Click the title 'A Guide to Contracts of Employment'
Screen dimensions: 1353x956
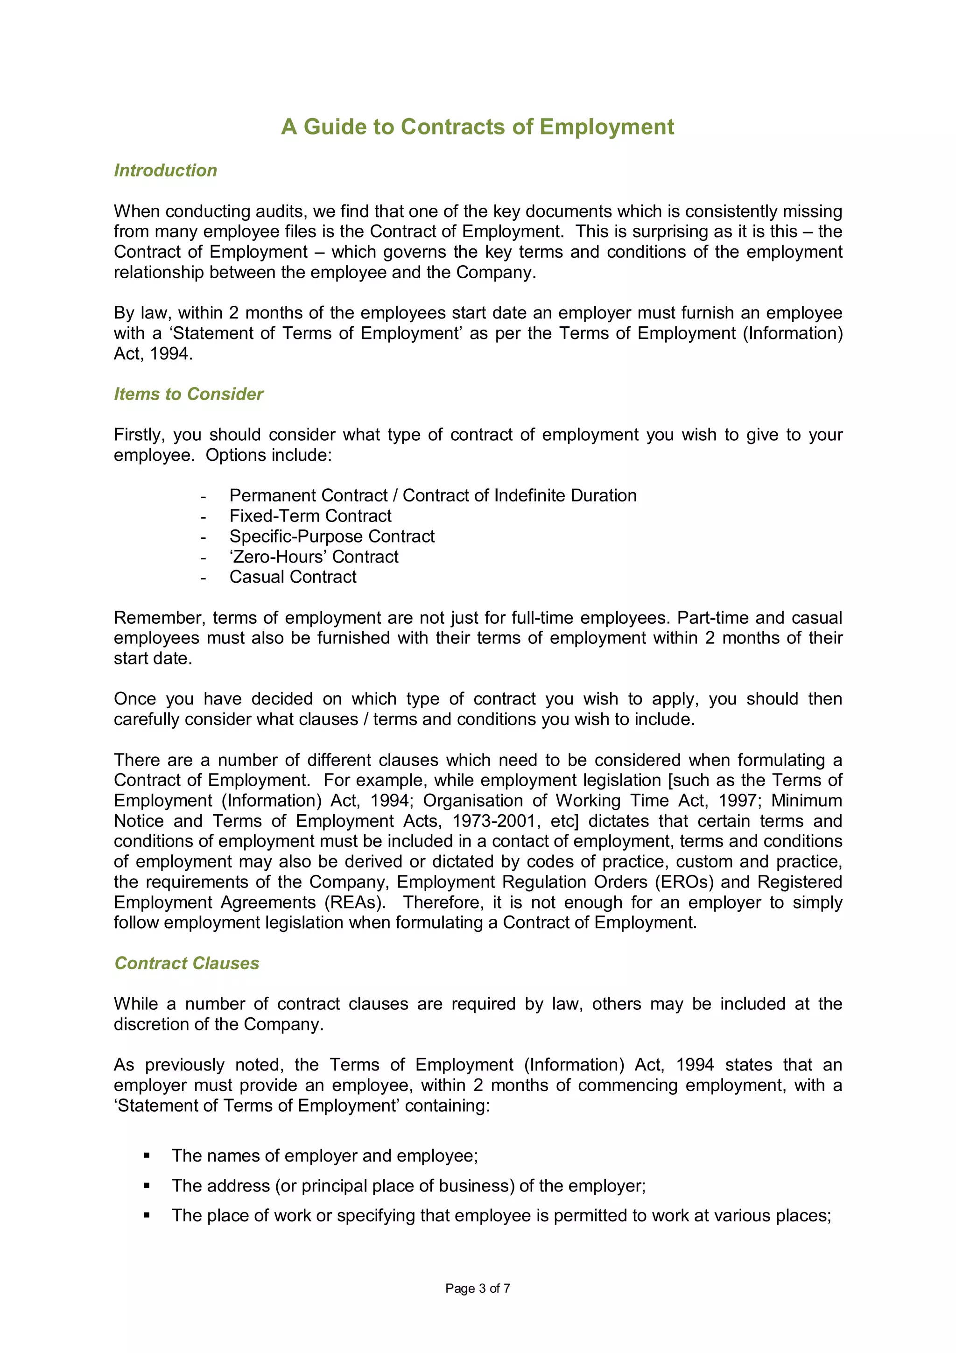pyautogui.click(x=477, y=127)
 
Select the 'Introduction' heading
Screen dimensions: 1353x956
pyautogui.click(x=166, y=170)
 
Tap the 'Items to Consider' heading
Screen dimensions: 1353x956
pyautogui.click(x=189, y=394)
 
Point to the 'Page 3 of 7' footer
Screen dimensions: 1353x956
pyautogui.click(x=477, y=1288)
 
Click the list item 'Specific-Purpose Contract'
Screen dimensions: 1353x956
pyautogui.click(x=331, y=536)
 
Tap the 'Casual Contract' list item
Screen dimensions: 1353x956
pyautogui.click(x=293, y=577)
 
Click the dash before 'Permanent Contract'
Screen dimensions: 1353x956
pyautogui.click(x=203, y=496)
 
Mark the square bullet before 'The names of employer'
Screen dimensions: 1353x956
pyautogui.click(x=147, y=1156)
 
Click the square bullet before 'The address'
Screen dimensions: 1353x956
pyautogui.click(x=147, y=1186)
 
